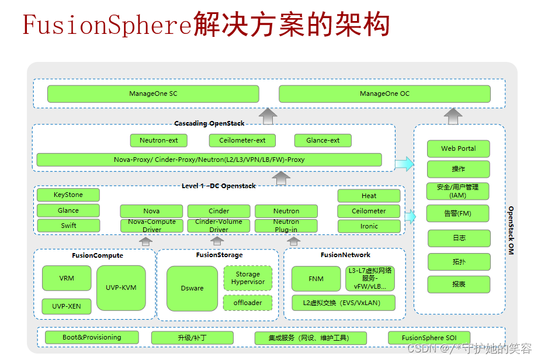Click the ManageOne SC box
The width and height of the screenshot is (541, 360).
pyautogui.click(x=153, y=94)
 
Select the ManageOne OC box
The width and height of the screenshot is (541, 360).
pyautogui.click(x=384, y=94)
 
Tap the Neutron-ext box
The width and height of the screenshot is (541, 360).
pyautogui.click(x=159, y=140)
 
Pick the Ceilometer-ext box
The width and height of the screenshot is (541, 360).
pyautogui.click(x=242, y=140)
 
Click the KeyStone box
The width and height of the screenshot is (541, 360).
pyautogui.click(x=68, y=195)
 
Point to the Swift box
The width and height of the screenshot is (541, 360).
pyautogui.click(x=68, y=226)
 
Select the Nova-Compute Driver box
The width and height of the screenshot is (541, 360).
pyautogui.click(x=152, y=226)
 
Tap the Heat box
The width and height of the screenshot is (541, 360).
pyautogui.click(x=369, y=196)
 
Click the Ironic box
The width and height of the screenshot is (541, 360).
pyautogui.click(x=369, y=226)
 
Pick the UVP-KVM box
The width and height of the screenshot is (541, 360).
pyautogui.click(x=121, y=288)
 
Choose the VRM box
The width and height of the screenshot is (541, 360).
pyautogui.click(x=67, y=278)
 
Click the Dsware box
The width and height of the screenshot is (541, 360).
pyautogui.click(x=192, y=288)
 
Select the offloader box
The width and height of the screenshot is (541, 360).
pyautogui.click(x=248, y=303)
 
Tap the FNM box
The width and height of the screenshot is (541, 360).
pyautogui.click(x=316, y=279)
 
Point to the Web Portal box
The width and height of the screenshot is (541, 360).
pyautogui.click(x=458, y=148)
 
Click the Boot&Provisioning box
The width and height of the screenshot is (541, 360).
pyautogui.click(x=92, y=337)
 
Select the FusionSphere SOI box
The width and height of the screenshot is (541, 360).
pyautogui.click(x=429, y=338)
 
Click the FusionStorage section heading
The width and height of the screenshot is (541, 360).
pyautogui.click(x=219, y=255)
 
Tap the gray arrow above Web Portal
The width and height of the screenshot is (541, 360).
pyautogui.click(x=453, y=116)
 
